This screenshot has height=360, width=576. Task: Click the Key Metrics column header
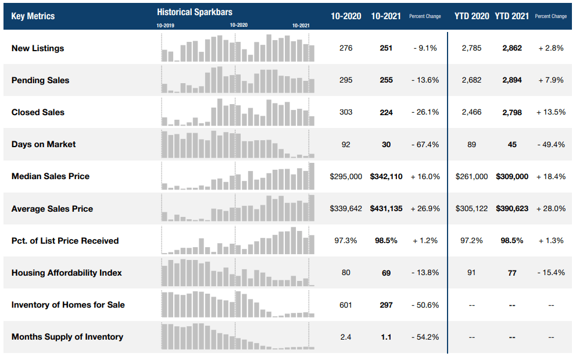click(x=33, y=16)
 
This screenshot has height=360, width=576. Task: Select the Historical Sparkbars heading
click(x=195, y=12)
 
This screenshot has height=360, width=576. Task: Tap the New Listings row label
click(x=38, y=48)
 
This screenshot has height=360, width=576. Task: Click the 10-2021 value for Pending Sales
click(x=386, y=80)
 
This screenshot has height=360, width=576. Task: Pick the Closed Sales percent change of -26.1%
click(x=425, y=112)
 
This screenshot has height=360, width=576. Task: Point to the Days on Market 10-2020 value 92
click(x=346, y=144)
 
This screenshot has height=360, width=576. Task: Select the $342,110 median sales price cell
click(x=386, y=176)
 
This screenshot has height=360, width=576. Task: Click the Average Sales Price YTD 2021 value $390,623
click(x=512, y=208)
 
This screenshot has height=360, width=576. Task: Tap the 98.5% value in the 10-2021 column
click(x=386, y=240)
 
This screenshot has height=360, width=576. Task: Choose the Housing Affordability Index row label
click(x=67, y=273)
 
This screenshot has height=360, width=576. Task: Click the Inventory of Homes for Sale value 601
click(x=346, y=305)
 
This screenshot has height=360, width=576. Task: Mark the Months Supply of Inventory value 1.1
click(x=386, y=337)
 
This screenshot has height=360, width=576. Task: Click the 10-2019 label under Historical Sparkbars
click(x=166, y=26)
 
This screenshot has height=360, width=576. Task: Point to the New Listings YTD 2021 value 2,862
click(x=512, y=48)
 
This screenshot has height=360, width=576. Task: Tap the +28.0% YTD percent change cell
click(x=551, y=208)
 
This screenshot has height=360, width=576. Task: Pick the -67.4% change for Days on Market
click(x=425, y=144)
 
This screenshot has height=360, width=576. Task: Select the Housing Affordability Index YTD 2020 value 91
click(x=471, y=273)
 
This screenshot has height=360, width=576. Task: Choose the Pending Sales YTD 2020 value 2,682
click(x=471, y=80)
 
